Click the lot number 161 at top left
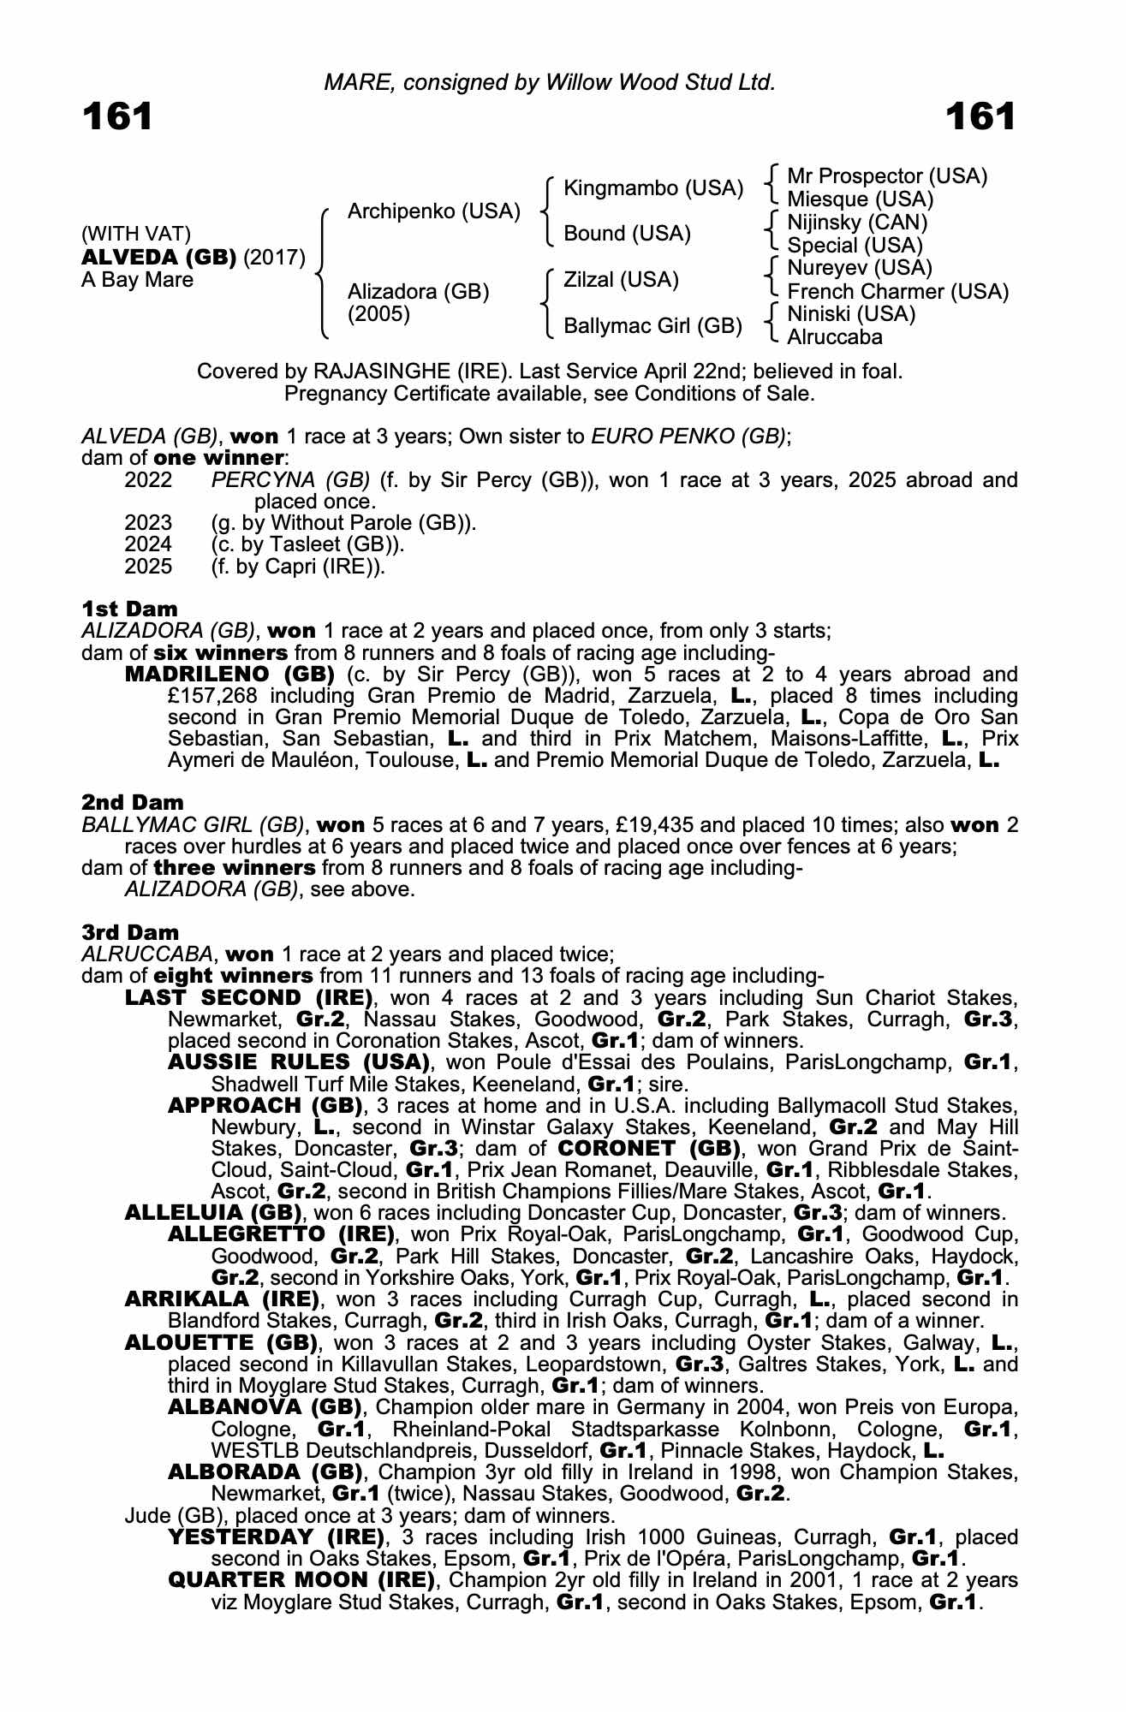pos(117,116)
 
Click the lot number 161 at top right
pos(980,116)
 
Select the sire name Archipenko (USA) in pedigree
pos(433,211)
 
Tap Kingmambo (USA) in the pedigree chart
pos(653,188)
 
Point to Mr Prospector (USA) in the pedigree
pos(887,176)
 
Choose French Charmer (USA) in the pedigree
pos(897,292)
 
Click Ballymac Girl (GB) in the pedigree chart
pos(652,326)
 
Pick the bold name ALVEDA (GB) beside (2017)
pos(158,258)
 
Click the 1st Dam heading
pos(130,609)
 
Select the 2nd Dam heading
pos(133,802)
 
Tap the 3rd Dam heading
pos(131,932)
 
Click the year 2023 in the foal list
pos(148,523)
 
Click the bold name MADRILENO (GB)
pos(229,675)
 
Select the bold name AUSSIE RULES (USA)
pos(299,1062)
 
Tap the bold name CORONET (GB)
pos(649,1148)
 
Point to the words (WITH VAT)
pos(136,234)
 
